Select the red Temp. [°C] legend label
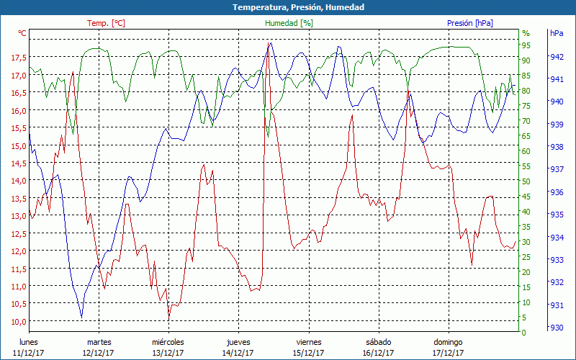106,23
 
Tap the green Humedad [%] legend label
289,23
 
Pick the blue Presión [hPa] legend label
470,23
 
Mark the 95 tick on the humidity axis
526,45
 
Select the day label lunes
29,342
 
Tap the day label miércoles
168,342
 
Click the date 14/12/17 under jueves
238,353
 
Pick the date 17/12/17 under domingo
448,353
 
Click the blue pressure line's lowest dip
81,317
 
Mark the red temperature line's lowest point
169,318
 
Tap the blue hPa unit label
557,33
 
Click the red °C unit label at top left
22,33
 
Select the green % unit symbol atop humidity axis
526,33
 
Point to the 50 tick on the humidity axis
526,181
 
